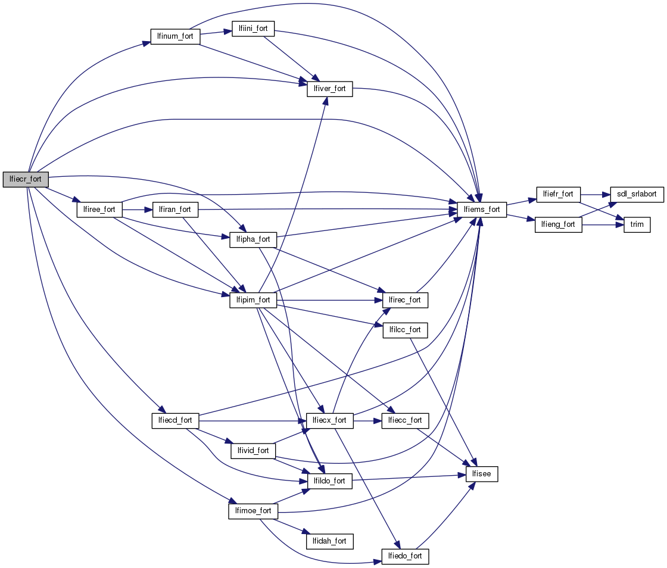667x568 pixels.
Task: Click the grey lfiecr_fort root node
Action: click(x=26, y=179)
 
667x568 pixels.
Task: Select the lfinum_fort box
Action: click(x=175, y=36)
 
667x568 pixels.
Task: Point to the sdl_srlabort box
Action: click(x=637, y=194)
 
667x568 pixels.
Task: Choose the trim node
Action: click(x=637, y=225)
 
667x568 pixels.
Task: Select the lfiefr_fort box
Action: click(x=559, y=194)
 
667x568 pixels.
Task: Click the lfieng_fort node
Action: click(x=559, y=224)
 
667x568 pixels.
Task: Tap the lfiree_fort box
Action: click(x=99, y=210)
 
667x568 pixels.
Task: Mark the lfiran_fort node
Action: click(x=176, y=210)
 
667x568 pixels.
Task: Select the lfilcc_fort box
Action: click(x=405, y=330)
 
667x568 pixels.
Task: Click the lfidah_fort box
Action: click(x=329, y=541)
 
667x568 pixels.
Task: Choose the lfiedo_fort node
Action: click(x=405, y=556)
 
